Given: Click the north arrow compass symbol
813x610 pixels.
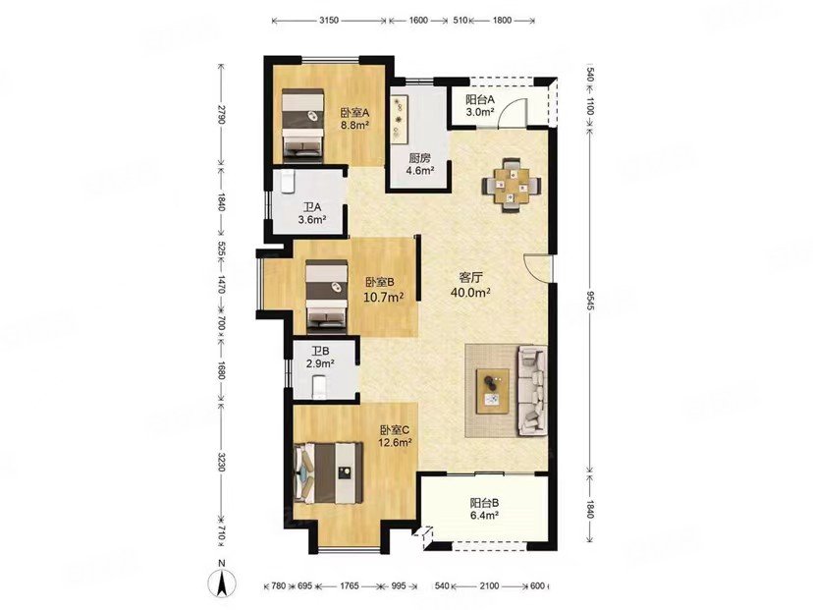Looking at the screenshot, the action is click(221, 581).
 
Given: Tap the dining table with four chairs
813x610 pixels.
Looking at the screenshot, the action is click(512, 186).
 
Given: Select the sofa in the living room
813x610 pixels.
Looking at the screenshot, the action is click(532, 391).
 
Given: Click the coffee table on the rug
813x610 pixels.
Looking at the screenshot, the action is click(493, 391).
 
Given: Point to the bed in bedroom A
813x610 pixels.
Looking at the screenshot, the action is click(302, 125).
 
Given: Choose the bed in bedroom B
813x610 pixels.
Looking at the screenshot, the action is click(326, 296).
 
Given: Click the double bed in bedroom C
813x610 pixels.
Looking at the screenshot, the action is click(328, 472).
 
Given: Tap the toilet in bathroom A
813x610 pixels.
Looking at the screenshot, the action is click(288, 183).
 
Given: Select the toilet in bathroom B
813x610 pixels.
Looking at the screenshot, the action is click(319, 387).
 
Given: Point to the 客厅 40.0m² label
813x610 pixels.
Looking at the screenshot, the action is click(470, 284).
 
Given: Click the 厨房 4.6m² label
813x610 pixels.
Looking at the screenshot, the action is click(419, 164).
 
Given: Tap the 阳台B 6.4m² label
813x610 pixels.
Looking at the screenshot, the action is click(484, 509).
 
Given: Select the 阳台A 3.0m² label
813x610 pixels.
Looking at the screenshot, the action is click(479, 105).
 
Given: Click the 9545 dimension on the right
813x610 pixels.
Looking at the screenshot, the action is click(590, 301).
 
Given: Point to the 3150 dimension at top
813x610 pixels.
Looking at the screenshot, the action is click(329, 21).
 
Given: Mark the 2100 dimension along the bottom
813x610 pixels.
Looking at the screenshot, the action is click(489, 586).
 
